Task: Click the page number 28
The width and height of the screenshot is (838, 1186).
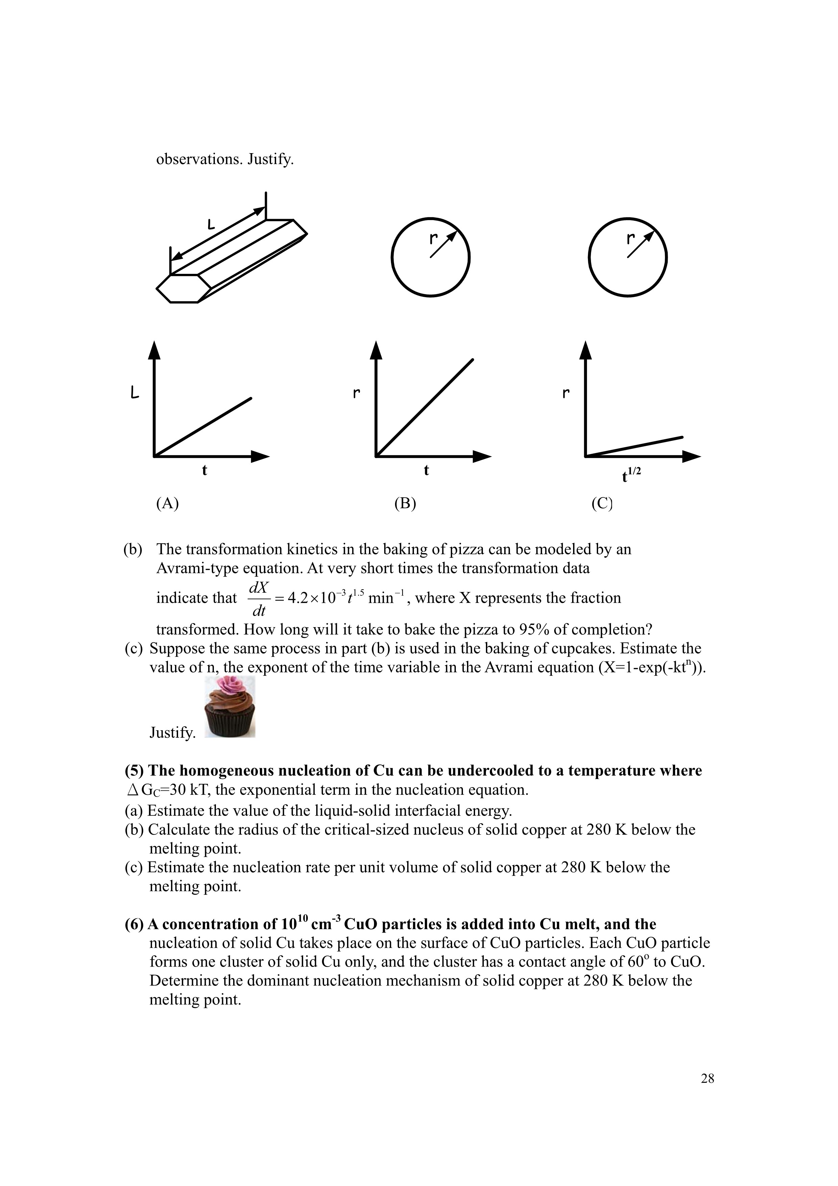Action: click(x=707, y=1078)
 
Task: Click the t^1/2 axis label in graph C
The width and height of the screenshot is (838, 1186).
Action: click(x=631, y=474)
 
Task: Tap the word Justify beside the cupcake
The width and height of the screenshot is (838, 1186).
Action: click(x=172, y=733)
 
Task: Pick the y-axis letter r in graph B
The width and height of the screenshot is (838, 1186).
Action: click(x=356, y=394)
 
